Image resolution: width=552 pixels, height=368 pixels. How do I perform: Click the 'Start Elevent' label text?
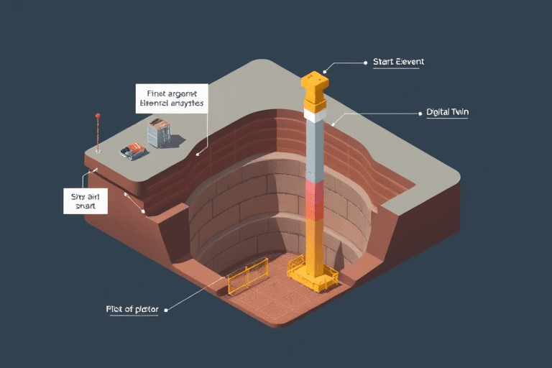tap(398, 62)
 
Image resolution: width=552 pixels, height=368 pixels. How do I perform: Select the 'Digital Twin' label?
tap(447, 113)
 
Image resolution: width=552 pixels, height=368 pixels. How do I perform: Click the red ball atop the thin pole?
tap(97, 115)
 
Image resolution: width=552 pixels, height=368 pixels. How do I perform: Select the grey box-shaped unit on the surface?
tap(159, 133)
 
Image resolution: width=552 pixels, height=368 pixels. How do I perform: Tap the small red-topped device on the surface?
tap(133, 151)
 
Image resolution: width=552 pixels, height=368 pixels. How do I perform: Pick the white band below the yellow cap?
tap(316, 114)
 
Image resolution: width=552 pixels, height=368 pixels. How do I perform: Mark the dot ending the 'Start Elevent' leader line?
tap(325, 72)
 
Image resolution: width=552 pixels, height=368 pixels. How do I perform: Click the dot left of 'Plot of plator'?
tap(166, 310)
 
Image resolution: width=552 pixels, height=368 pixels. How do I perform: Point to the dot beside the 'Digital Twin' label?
tap(418, 113)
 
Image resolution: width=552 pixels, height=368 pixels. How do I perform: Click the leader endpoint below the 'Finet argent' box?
tap(198, 152)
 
